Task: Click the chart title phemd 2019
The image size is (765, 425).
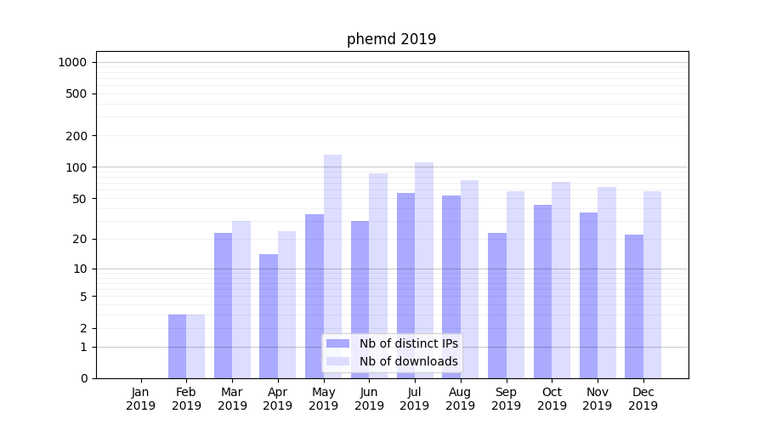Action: [x=391, y=39]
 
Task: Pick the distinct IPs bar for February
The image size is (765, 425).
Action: [x=178, y=346]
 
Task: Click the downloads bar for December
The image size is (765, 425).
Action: [x=652, y=285]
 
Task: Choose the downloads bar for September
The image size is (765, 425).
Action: [x=515, y=285]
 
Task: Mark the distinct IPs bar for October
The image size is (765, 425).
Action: [x=542, y=292]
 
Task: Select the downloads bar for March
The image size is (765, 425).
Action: [x=241, y=299]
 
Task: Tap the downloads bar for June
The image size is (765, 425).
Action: [x=378, y=275]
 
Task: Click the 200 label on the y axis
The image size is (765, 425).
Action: [x=77, y=136]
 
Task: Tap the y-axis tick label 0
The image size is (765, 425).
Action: [x=83, y=378]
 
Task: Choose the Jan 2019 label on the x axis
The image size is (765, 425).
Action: [x=141, y=399]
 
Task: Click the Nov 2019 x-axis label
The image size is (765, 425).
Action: [x=598, y=399]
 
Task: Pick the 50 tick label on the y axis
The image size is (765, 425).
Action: [x=80, y=199]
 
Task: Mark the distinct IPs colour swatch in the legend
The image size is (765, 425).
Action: [x=338, y=343]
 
